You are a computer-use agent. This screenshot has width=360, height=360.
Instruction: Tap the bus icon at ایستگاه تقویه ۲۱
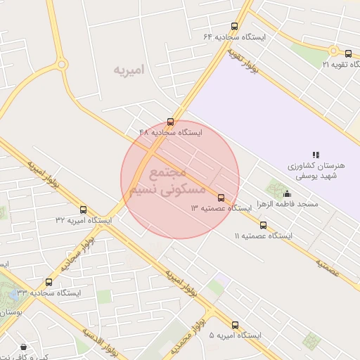click(348, 53)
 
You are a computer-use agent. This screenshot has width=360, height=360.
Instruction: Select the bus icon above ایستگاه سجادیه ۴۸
click(171, 122)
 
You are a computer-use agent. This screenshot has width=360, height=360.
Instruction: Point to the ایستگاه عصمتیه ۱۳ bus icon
click(221, 198)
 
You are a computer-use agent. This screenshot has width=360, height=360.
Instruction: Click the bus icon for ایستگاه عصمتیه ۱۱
click(264, 225)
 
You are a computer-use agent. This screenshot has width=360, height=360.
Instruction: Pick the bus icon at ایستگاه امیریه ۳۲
click(83, 210)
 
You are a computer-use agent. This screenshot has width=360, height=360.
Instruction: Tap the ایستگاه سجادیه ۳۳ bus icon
click(49, 282)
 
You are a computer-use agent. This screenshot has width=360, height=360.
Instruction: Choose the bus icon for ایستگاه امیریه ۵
click(235, 325)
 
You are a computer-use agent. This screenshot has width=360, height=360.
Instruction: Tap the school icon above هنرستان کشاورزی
click(316, 155)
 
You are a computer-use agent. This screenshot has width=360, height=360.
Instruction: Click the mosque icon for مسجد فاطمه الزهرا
click(286, 194)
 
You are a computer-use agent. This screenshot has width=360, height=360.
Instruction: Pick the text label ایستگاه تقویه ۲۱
click(340, 64)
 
